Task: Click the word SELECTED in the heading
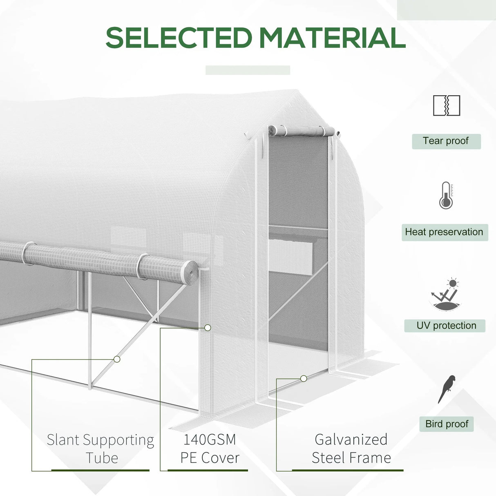click(179, 38)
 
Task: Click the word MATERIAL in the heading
click(332, 38)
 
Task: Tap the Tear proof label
click(446, 141)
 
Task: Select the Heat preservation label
click(444, 232)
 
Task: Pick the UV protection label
click(446, 326)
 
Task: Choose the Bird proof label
click(447, 424)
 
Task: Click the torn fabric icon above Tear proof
click(447, 105)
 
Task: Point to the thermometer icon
click(446, 196)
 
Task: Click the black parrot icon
click(447, 389)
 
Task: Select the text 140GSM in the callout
click(210, 440)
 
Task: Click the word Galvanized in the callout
click(351, 440)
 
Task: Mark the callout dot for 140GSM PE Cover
click(208, 328)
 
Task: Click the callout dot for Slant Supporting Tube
click(117, 359)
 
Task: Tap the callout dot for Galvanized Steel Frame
click(304, 379)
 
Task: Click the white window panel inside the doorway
click(291, 257)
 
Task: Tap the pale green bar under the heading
click(248, 70)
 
